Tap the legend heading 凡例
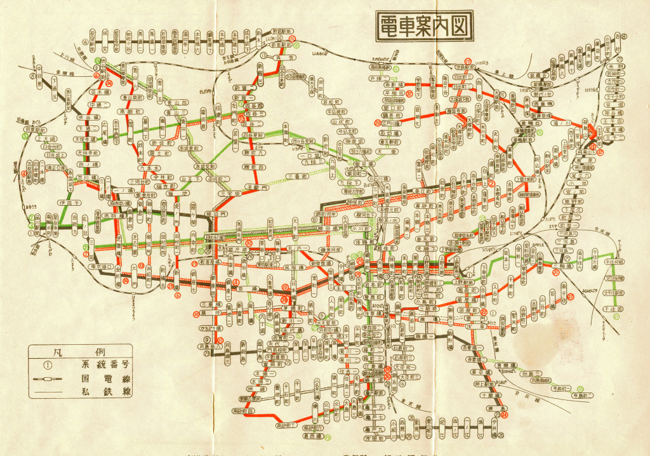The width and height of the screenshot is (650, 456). point(80,351)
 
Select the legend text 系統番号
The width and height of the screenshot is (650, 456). point(102,365)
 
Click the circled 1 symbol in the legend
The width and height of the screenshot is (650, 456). point(46,365)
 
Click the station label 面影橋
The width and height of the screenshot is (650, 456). point(397,84)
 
